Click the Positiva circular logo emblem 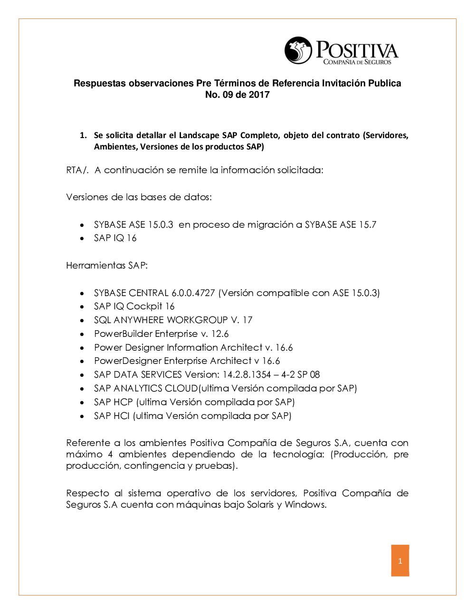coord(298,50)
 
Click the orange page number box coord(400,560)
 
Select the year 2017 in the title coord(259,94)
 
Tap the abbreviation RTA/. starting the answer coord(77,170)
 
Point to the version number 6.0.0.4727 coord(193,293)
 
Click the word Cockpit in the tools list coord(144,307)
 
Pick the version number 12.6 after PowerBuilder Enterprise coord(220,334)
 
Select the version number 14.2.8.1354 coord(247,375)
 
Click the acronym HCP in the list coord(123,402)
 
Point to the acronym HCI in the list coord(122,416)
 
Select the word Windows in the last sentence coord(304,504)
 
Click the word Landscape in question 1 coord(199,135)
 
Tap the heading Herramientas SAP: coord(107,265)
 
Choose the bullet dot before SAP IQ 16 coord(82,239)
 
